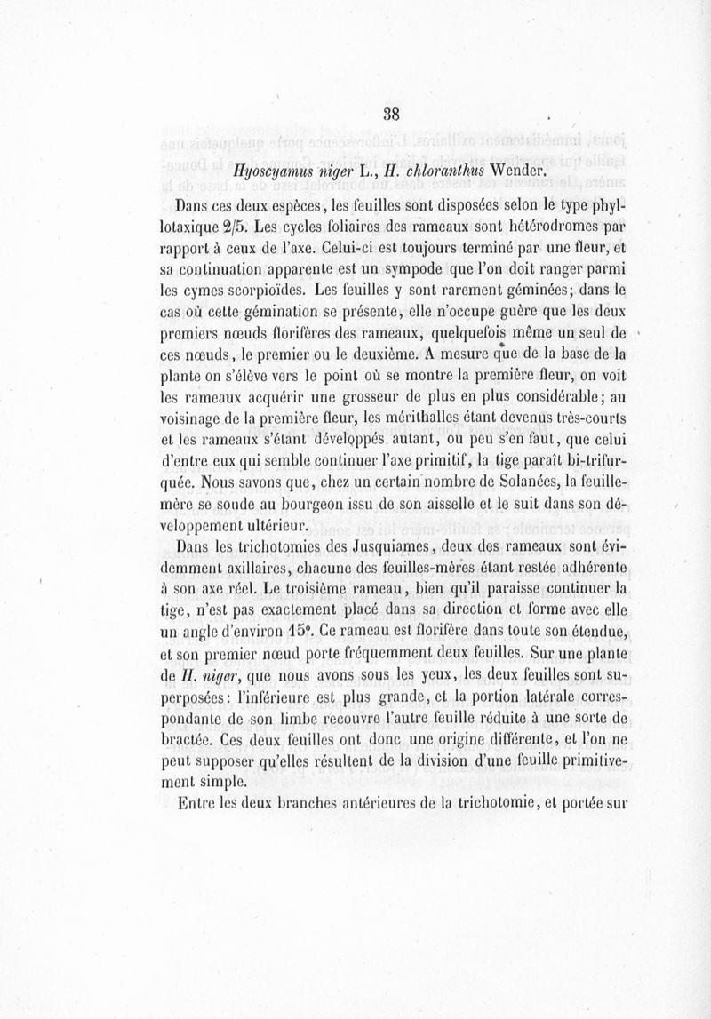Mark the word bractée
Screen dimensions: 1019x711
tap(207, 741)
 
